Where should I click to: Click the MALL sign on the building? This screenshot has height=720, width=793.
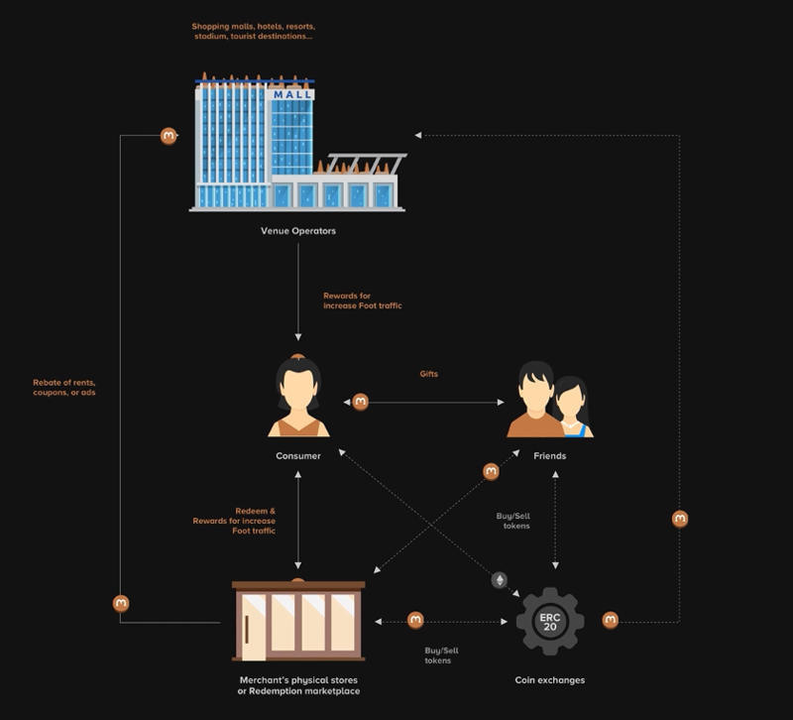292,95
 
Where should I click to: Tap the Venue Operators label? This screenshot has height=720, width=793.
298,231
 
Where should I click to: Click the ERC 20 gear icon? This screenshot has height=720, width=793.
550,622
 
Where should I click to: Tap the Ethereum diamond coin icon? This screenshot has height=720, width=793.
500,580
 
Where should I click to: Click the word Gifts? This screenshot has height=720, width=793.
428,374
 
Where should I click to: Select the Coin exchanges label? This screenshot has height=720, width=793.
550,680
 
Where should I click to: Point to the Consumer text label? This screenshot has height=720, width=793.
298,456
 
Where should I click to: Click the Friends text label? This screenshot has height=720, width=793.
549,456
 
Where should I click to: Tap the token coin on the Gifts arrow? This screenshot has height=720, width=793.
361,402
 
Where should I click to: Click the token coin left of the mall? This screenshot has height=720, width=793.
169,136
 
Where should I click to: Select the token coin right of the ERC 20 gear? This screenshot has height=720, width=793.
611,621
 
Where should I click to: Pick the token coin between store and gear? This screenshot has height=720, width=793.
415,621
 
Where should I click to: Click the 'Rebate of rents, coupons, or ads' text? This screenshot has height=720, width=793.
64,388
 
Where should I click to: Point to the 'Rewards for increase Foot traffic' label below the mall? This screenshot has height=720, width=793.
362,300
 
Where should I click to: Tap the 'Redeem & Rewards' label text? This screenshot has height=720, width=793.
234,521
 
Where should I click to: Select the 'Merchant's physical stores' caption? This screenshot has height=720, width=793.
298,684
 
